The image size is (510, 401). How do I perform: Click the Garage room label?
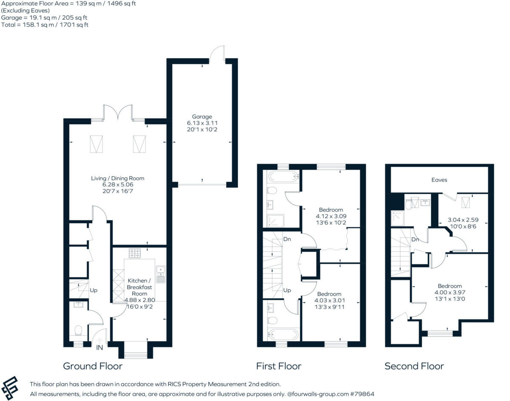201,117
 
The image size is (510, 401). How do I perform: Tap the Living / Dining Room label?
118,178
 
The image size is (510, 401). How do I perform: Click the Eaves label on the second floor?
439,180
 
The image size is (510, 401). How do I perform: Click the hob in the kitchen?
135,253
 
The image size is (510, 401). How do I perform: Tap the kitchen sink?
161,274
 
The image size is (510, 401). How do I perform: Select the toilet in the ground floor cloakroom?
78,330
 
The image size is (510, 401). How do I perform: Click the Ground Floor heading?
93,366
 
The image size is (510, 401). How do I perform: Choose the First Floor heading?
278,366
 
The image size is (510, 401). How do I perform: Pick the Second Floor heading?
414,366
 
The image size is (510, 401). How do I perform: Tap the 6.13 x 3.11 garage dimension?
201,123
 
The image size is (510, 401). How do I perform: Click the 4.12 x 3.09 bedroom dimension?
331,216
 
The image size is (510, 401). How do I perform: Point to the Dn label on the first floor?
287,239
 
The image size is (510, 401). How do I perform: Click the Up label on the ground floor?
93,291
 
